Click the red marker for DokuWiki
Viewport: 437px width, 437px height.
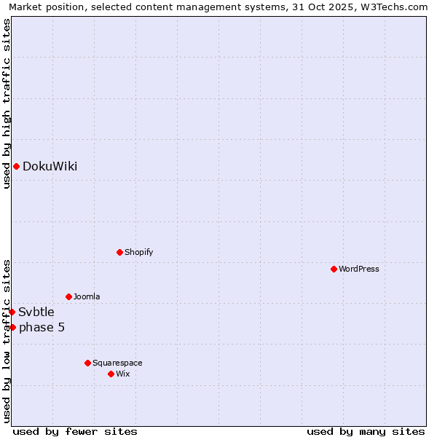coord(16,167)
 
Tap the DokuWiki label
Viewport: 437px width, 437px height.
coord(50,167)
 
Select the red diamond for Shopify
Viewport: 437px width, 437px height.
coord(119,253)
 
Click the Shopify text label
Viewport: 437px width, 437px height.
coord(138,253)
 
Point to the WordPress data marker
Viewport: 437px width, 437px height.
coord(334,269)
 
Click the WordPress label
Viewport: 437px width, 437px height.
coord(358,269)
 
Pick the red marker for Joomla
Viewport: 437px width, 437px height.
coord(68,297)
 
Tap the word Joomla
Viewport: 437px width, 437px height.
coord(87,297)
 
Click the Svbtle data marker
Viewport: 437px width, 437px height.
coord(12,312)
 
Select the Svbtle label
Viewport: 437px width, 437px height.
coord(36,312)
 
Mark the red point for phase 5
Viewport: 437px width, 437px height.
coord(12,328)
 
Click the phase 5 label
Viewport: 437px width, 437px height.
coord(42,328)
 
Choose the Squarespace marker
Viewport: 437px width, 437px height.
coord(87,363)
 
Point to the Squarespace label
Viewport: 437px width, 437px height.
coord(117,363)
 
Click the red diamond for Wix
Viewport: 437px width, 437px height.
coord(111,374)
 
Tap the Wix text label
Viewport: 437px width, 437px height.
coord(122,374)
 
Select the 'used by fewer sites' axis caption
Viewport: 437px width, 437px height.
coord(75,431)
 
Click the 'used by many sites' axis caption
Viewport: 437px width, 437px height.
coord(366,431)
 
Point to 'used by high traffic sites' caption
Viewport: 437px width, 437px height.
coord(7,103)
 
